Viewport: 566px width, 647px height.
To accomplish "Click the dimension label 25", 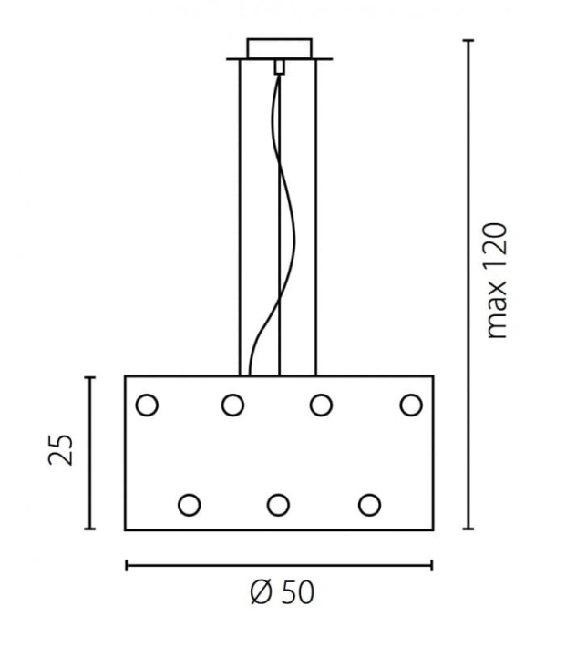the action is click(x=60, y=450).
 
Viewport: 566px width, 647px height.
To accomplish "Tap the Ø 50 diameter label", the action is click(x=283, y=592).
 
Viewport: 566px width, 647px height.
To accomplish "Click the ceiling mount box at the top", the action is click(x=280, y=48).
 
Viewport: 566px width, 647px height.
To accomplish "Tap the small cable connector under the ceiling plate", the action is click(x=280, y=67).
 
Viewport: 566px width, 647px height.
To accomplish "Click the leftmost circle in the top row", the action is click(x=147, y=405).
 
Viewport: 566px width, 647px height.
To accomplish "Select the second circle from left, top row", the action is click(x=232, y=405).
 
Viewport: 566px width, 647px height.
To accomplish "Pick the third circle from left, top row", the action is click(x=321, y=405).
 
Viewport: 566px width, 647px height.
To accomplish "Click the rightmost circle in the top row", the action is click(x=411, y=405).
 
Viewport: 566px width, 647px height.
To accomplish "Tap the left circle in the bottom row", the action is click(x=189, y=505).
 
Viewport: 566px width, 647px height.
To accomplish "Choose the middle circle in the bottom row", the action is click(x=278, y=505).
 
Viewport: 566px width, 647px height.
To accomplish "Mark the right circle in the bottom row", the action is click(x=369, y=505).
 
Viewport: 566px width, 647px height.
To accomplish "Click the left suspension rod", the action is click(x=240, y=218).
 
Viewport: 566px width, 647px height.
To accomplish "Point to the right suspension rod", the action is click(x=316, y=218).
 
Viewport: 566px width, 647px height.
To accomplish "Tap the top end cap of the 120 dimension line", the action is click(x=468, y=40).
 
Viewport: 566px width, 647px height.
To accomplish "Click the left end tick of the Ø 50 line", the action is click(x=127, y=565).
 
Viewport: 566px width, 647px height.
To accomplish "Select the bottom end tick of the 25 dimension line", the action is click(x=89, y=529).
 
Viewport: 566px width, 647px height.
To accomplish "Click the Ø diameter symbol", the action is click(x=262, y=592).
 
